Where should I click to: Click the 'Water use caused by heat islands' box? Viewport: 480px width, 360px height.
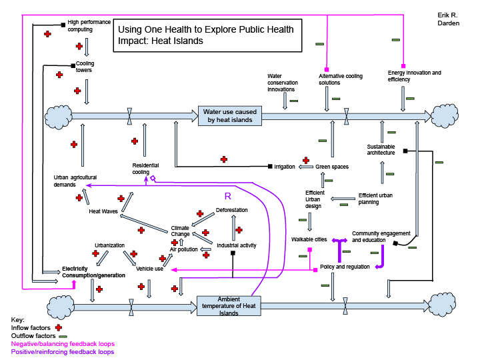[230, 115]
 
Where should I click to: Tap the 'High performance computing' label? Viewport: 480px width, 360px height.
[89, 25]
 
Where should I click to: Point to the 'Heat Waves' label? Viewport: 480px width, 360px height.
[103, 212]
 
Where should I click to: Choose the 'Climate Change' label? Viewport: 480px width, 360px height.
[180, 231]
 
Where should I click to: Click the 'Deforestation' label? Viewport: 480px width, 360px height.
[232, 210]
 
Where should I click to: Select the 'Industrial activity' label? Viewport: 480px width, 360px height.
[237, 245]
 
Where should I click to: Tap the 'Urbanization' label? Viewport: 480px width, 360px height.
[109, 245]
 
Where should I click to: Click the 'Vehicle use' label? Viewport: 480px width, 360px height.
[149, 269]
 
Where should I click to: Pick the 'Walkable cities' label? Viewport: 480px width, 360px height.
[309, 239]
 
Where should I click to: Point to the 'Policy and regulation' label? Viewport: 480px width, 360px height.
[345, 267]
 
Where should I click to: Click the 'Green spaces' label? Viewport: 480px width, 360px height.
[332, 167]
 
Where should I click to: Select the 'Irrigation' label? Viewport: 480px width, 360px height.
[285, 167]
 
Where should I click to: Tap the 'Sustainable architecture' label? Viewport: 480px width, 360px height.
[381, 149]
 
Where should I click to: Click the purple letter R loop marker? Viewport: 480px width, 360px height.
[227, 197]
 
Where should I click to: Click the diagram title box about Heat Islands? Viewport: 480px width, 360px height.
[205, 35]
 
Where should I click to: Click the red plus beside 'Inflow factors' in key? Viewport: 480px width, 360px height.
[59, 327]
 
